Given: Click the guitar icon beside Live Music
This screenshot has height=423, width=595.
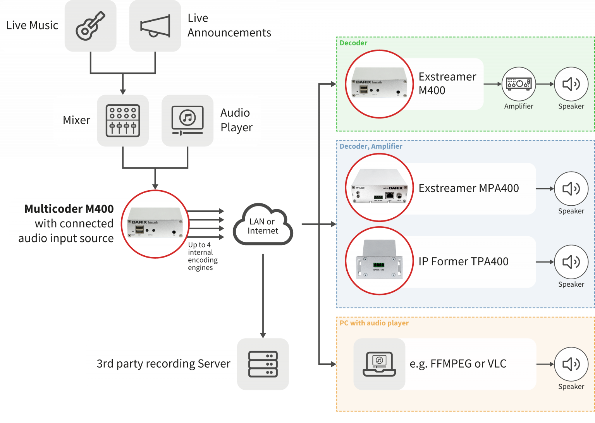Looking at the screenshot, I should coord(90,26).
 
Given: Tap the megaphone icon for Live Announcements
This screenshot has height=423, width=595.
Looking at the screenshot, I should coord(155,26).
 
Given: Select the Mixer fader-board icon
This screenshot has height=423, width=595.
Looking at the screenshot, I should coord(123,120).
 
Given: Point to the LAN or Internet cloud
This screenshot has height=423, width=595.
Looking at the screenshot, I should coord(263,226).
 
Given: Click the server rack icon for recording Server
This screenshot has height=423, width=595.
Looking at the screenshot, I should coord(263,364).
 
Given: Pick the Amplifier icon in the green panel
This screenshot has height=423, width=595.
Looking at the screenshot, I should coord(519,84).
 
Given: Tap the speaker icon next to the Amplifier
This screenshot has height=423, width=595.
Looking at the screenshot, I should coord(571,84).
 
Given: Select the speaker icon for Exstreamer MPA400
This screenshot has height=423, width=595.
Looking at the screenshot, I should coord(571,189).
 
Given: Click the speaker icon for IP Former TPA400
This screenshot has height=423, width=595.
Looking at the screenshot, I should coord(571,262).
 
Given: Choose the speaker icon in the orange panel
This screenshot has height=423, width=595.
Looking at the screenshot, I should coord(571,364).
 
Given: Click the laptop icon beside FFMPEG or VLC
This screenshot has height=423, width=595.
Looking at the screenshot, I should coord(379,364).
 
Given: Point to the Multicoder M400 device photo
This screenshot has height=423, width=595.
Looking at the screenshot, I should coord(155,224).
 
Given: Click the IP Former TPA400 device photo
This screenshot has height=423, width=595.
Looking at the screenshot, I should coord(379,261).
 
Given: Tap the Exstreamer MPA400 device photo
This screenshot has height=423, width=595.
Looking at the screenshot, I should coord(379,188).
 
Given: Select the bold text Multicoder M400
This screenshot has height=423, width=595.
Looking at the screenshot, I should coord(69,209).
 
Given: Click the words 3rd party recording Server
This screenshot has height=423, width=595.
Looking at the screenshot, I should coord(163,364).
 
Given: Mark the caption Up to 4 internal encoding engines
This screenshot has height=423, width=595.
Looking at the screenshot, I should coord(202,256).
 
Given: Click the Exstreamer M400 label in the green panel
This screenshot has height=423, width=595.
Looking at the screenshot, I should coord(447,83).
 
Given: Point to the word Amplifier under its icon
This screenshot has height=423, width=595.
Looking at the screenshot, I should coord(519,106).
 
